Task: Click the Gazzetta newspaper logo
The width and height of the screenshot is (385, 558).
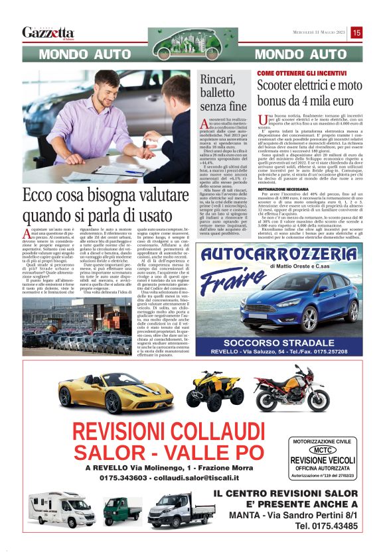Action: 48,32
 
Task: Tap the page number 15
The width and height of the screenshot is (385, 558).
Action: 356,32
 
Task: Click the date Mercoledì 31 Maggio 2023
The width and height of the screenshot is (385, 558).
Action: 321,32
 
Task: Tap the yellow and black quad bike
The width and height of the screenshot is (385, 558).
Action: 214,389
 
